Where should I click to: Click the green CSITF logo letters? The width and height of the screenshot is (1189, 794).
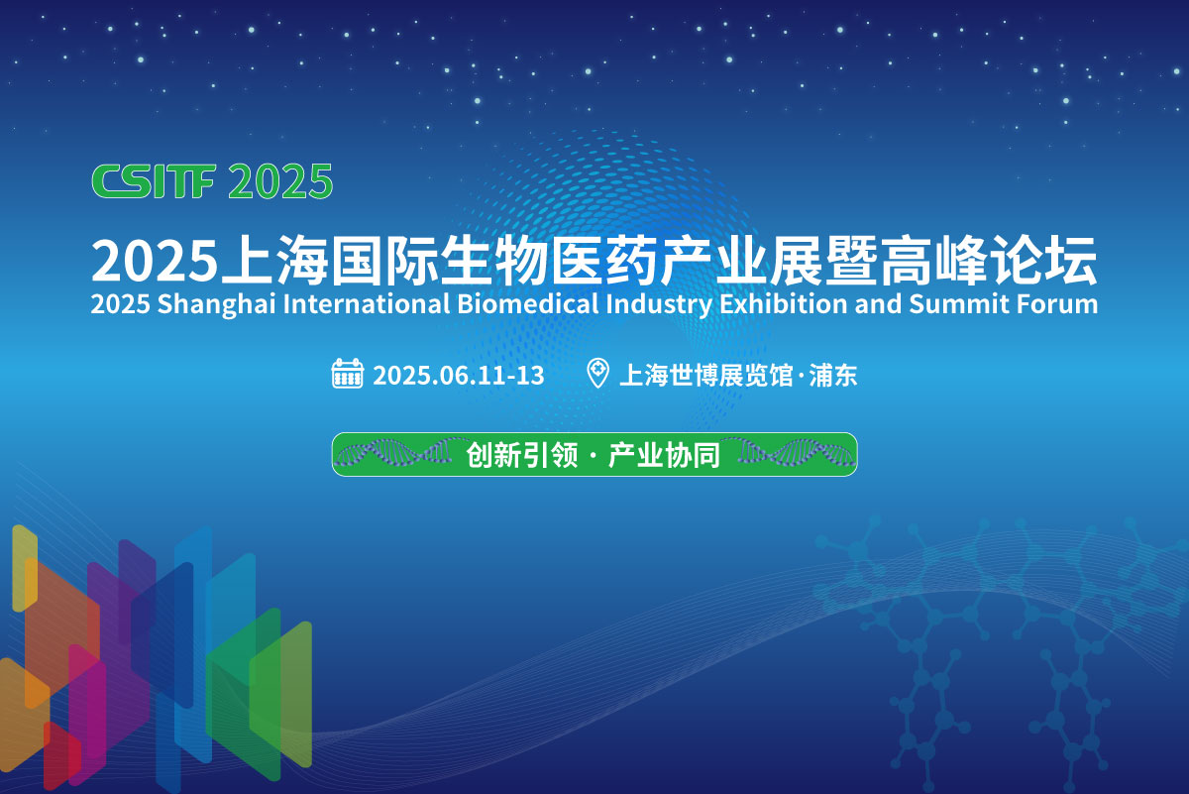tap(154, 181)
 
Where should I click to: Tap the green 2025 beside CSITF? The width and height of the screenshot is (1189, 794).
tap(280, 181)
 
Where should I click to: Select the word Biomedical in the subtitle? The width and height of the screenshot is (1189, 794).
tap(527, 303)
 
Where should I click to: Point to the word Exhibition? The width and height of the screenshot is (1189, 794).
tap(784, 303)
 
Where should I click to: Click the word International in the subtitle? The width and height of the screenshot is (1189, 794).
tap(367, 303)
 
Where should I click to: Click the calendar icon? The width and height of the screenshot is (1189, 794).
tap(348, 374)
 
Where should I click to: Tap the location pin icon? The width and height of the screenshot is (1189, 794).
tap(597, 373)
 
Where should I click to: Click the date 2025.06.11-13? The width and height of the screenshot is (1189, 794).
tap(459, 375)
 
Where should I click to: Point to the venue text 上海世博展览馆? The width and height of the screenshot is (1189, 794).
tap(705, 375)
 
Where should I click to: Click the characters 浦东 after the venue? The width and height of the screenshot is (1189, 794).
tap(833, 375)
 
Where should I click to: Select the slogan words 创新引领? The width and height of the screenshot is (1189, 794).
tap(522, 455)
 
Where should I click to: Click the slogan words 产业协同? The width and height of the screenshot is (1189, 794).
tap(664, 455)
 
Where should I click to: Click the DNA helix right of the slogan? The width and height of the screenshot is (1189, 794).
tap(790, 453)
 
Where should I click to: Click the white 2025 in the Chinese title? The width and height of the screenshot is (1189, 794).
tap(155, 262)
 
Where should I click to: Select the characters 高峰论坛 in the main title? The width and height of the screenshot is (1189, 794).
tap(989, 261)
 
